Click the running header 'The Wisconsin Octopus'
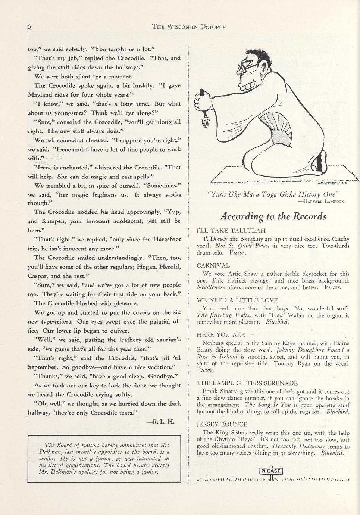coord(189,27)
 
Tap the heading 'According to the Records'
coord(273,216)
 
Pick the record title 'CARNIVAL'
coord(213,266)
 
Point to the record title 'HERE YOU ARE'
coord(220,335)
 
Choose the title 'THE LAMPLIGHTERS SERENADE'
coord(247,383)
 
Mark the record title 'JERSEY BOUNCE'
coord(222,424)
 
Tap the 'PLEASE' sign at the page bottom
coord(271,471)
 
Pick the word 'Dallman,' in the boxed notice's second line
coord(53,452)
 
